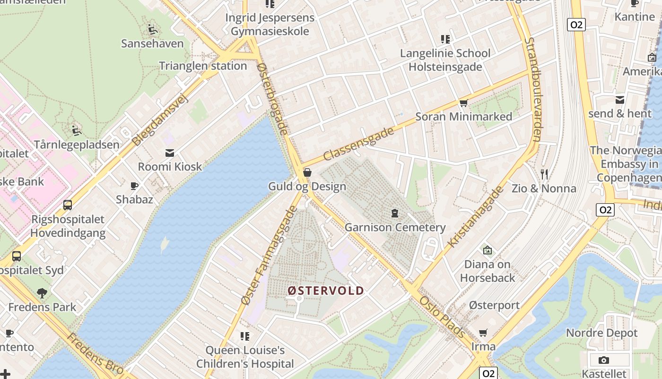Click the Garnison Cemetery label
coord(395,227)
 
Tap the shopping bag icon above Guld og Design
coord(307,172)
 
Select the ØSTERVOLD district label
coord(326,290)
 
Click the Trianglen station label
coord(203,66)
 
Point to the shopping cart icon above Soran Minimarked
coord(463,103)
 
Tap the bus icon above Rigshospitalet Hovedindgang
coord(68,205)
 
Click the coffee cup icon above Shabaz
coord(135,186)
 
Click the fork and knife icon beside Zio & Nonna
coord(544,174)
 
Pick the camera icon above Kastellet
coord(603,360)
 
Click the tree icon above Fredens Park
coord(42,293)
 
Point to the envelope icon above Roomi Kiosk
coord(169,153)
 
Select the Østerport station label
coord(494,305)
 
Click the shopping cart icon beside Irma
coord(483,333)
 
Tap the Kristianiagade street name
coord(476,217)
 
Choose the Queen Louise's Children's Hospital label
coord(245,357)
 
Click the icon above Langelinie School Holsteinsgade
coord(445,39)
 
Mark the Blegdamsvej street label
coord(160,119)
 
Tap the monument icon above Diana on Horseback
coord(487,250)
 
